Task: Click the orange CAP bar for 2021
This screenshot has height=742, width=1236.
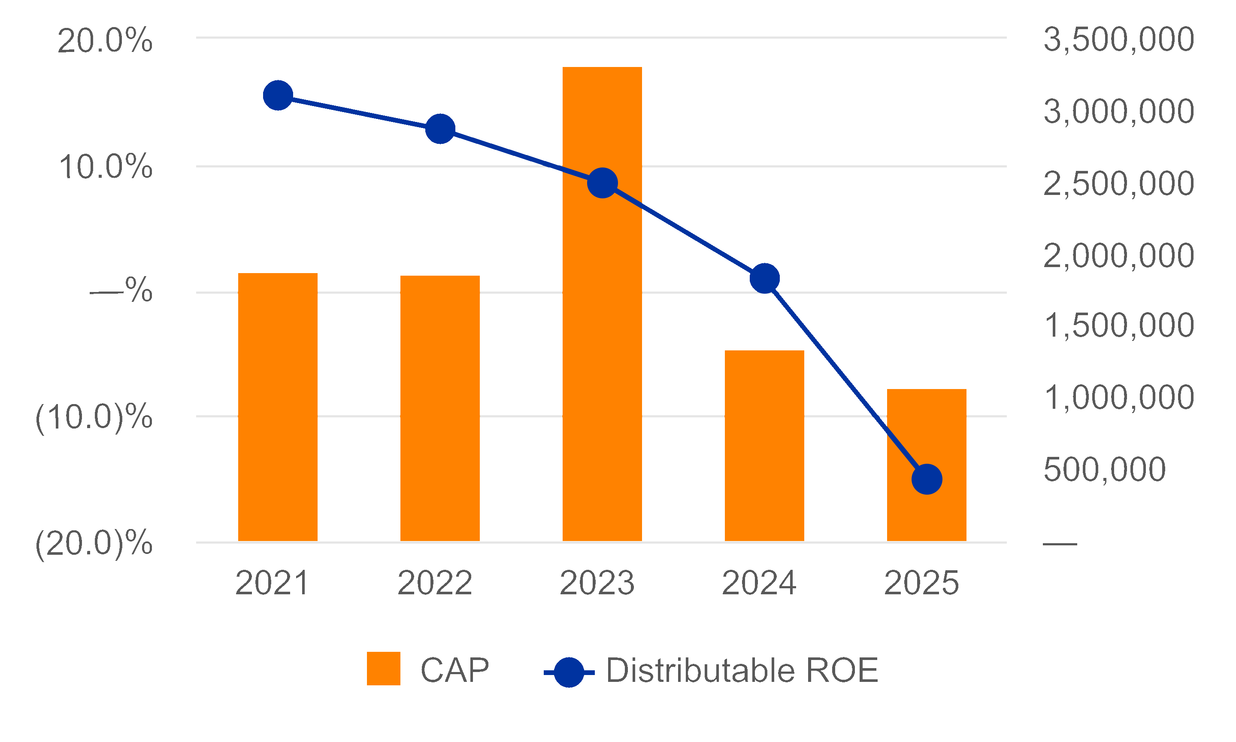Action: click(x=278, y=407)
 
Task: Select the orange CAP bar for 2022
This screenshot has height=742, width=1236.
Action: click(x=440, y=408)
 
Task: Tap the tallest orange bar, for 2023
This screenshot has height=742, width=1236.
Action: click(x=603, y=304)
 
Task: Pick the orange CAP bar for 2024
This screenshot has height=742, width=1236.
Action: click(x=765, y=445)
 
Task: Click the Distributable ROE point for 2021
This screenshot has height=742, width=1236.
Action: click(x=278, y=95)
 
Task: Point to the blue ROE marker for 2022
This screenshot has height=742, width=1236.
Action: click(x=440, y=128)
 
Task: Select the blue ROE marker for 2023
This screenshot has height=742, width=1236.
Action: click(x=603, y=183)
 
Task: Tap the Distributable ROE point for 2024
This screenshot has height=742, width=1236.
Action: click(x=765, y=278)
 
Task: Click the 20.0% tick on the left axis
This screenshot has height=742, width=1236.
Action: click(x=105, y=40)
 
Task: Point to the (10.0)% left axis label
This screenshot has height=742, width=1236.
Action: click(x=94, y=417)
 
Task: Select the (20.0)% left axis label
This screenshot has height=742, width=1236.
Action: click(x=94, y=543)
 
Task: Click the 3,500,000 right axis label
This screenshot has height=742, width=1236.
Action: click(x=1118, y=40)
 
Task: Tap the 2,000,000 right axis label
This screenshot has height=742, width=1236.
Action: click(x=1118, y=256)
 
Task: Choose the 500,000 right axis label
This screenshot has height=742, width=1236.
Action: click(x=1105, y=470)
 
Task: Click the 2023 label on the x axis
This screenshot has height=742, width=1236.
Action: click(x=597, y=583)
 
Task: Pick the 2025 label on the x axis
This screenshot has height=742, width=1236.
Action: click(x=922, y=583)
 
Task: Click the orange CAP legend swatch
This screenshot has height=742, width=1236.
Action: click(x=384, y=669)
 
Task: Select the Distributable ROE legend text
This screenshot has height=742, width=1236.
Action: click(x=742, y=670)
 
